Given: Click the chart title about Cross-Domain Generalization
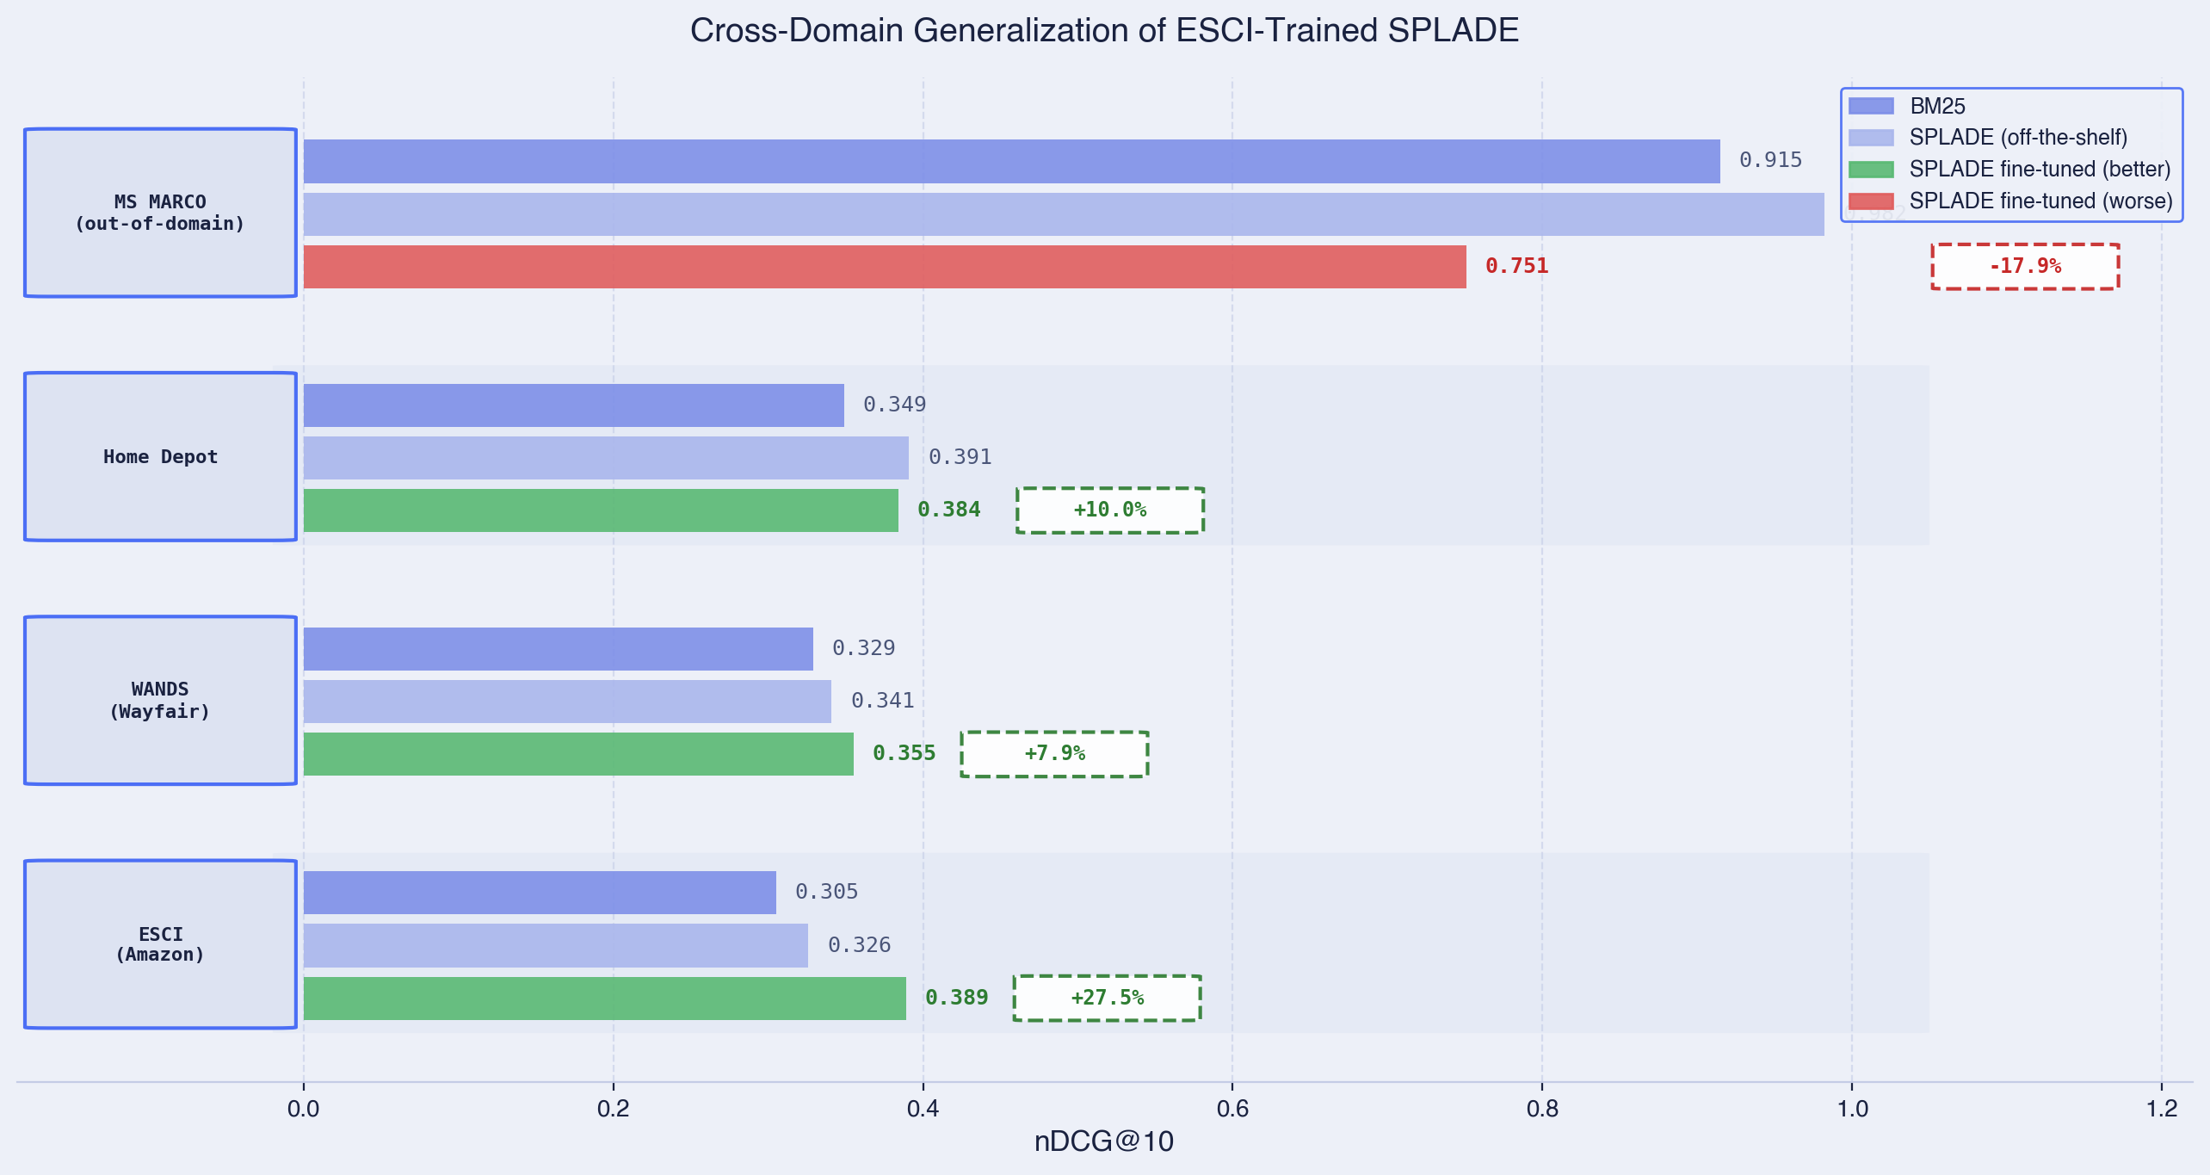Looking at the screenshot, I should coord(1104,31).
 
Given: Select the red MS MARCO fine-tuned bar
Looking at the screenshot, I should coord(884,267).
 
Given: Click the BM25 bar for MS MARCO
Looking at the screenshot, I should coord(1011,161).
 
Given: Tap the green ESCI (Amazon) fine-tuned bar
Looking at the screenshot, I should coord(604,999).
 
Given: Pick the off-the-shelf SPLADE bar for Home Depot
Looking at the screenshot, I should coord(606,458).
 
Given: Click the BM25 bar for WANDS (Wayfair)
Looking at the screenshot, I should coord(558,649).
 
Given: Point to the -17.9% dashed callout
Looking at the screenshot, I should coord(2024,267).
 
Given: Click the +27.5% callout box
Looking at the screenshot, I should coord(1107,999).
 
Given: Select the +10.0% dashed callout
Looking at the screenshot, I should coord(1109,510).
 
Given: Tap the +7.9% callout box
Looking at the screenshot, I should coord(1054,754).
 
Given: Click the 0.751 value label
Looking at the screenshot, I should coord(1516,267).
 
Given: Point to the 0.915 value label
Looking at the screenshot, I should coord(1770,161).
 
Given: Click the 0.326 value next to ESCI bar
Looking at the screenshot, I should coord(859,945).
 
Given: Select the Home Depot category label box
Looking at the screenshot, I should coord(160,457).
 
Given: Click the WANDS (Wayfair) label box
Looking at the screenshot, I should coord(160,701).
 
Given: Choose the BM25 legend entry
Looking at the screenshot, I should coord(1936,107).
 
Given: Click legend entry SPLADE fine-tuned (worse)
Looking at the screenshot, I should coord(2040,201).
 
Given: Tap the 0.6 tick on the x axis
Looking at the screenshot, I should coord(1232,1109).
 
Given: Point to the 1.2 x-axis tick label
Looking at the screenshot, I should coord(2161,1109).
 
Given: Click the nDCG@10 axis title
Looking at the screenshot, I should coord(1103,1142).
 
